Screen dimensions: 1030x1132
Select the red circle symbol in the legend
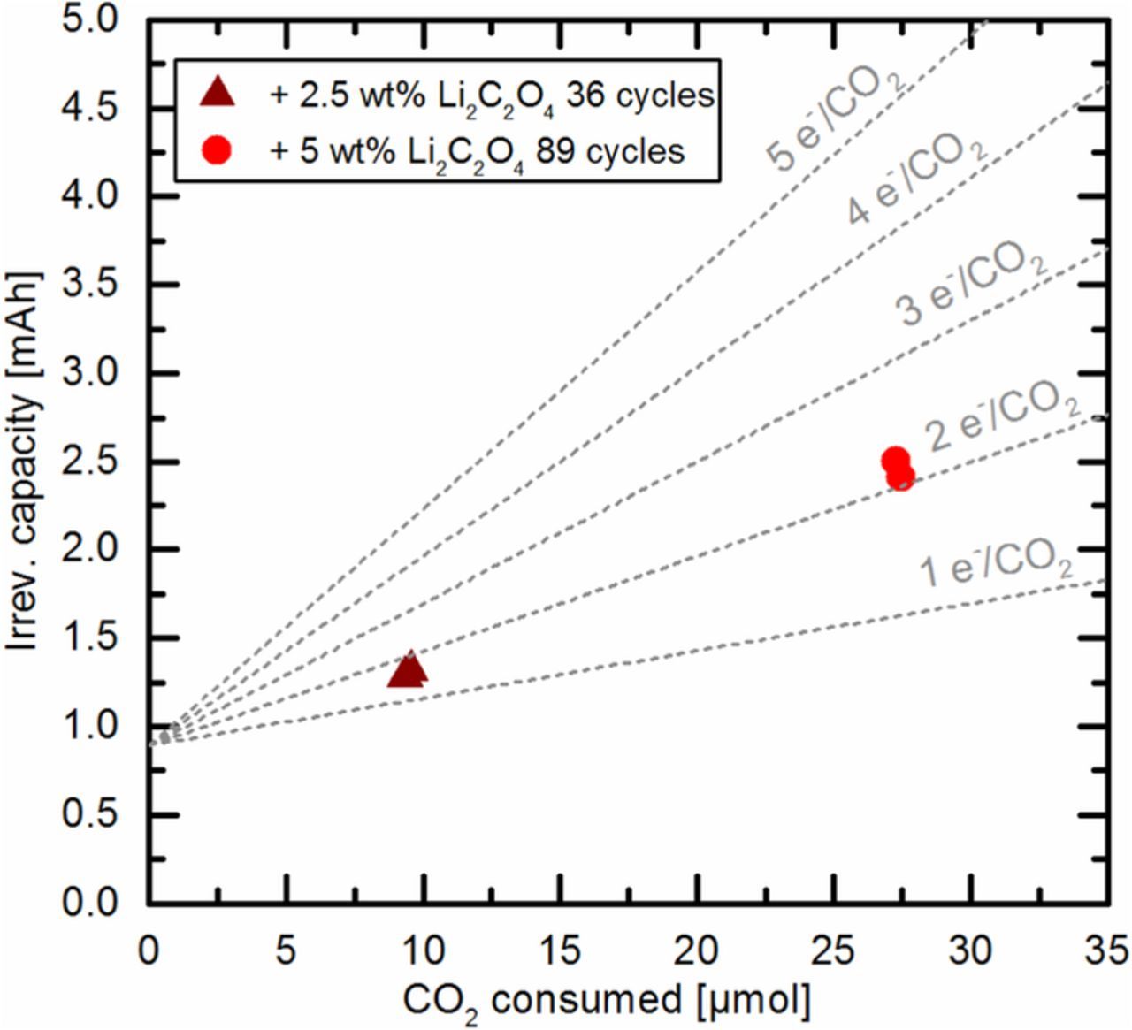217,150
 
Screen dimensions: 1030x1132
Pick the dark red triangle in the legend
217,92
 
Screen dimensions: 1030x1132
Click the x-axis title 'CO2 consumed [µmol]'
607,1003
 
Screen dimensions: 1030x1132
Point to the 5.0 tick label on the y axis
90,20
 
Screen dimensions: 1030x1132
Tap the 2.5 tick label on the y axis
90,462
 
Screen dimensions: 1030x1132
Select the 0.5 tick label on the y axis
90,815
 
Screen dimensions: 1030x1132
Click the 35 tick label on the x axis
1106,951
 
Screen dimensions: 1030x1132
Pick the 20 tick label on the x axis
697,951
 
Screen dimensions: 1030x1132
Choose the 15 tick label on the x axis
560,951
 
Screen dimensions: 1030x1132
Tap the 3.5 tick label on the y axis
90,285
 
